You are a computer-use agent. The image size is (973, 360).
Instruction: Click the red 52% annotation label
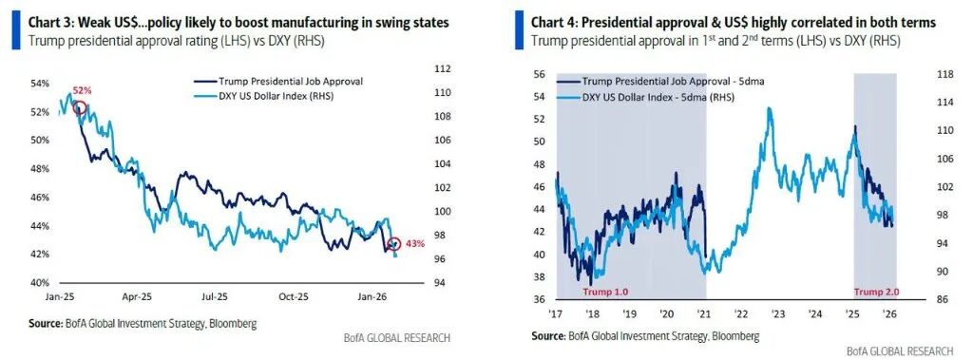click(82, 90)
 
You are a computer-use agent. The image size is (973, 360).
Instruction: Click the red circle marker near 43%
click(392, 244)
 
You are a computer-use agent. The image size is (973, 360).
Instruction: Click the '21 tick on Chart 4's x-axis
click(705, 313)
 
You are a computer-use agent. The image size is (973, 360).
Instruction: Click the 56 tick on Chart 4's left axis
click(540, 74)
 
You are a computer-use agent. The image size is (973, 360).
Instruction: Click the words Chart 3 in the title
click(49, 24)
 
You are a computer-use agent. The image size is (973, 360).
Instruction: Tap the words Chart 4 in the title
click(552, 24)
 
